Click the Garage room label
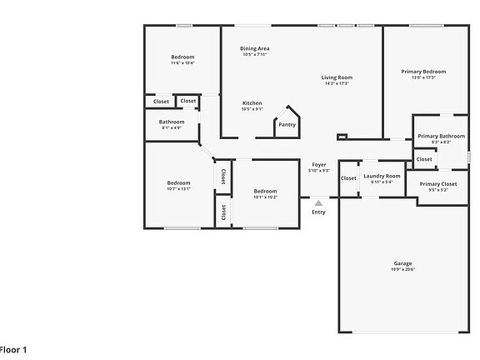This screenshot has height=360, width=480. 402,263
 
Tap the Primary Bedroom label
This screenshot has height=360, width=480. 422,72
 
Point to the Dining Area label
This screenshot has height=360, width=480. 254,48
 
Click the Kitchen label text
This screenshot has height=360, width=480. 252,102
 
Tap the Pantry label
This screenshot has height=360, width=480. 287,125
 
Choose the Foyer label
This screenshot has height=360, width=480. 319,164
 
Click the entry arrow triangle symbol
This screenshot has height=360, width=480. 318,202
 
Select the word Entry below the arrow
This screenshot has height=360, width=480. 318,212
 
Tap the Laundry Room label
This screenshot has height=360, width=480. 382,176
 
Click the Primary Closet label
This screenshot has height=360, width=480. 438,184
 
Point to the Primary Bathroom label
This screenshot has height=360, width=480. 441,136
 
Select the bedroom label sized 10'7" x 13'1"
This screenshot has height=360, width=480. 178,182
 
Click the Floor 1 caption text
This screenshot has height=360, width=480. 13,350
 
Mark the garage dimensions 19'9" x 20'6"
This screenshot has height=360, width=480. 402,269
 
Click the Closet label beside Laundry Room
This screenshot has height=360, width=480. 348,177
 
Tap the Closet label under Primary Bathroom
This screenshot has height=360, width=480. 424,159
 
